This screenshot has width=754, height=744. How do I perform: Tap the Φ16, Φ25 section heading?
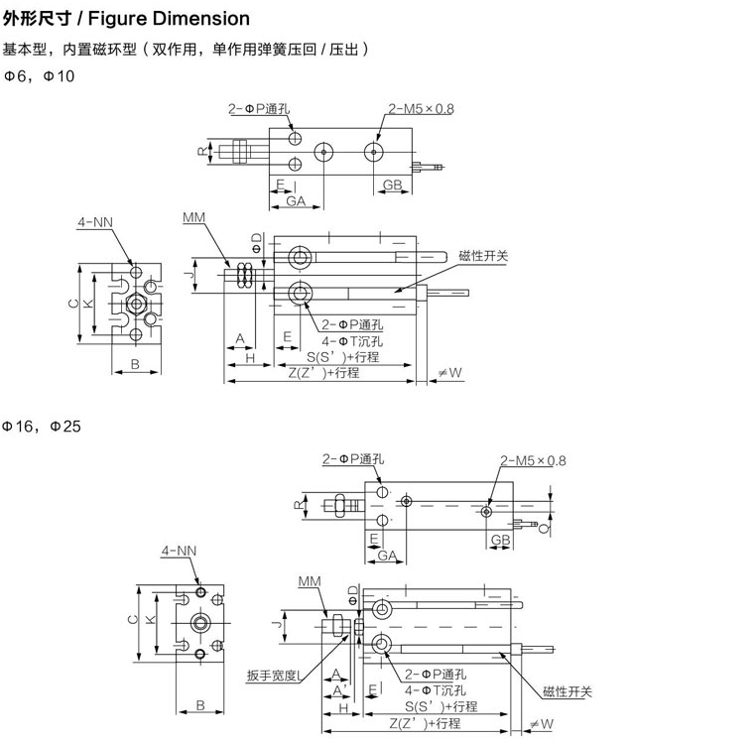tap(42, 427)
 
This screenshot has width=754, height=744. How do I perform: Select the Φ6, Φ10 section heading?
tap(39, 75)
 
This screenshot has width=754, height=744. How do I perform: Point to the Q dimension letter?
tap(552, 529)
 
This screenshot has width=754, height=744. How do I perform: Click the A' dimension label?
tap(340, 689)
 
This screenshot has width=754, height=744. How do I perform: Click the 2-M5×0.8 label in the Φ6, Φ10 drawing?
tap(421, 109)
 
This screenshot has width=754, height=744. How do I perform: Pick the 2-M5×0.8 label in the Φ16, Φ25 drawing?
tap(534, 460)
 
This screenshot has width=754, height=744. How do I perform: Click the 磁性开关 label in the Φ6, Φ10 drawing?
tap(483, 256)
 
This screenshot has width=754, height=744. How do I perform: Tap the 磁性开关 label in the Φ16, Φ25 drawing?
tap(567, 691)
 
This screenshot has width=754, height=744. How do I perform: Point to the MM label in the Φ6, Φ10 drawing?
tap(193, 216)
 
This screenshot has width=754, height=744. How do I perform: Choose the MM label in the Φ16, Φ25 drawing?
tap(309, 581)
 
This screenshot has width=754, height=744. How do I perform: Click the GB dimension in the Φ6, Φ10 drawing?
tap(393, 185)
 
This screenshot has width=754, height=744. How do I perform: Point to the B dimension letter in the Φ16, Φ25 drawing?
tap(199, 705)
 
